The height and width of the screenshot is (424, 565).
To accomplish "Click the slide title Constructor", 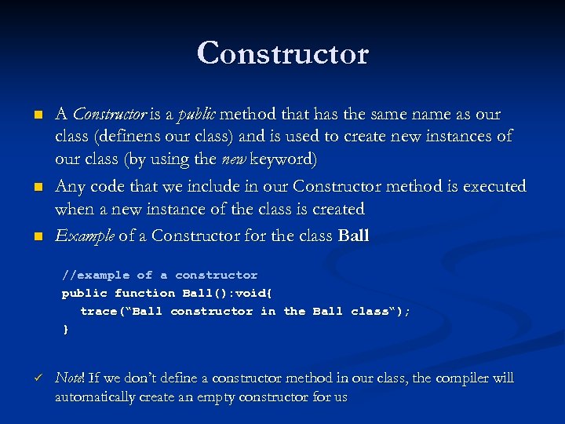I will click(x=282, y=53).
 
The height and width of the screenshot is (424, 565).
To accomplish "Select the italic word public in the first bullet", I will click(x=197, y=115).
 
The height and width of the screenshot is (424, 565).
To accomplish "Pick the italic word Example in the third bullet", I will click(x=85, y=236).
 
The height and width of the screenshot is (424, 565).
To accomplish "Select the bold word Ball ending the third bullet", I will click(x=352, y=236).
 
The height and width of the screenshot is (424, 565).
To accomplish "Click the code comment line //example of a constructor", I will click(x=160, y=275).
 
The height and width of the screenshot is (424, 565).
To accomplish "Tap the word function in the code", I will click(x=144, y=293).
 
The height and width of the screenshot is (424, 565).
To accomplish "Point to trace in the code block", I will click(x=98, y=311).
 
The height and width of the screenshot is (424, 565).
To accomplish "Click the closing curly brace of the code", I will click(x=66, y=329).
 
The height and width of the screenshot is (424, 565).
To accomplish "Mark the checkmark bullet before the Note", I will click(x=36, y=378).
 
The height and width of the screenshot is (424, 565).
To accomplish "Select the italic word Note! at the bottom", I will click(x=70, y=378).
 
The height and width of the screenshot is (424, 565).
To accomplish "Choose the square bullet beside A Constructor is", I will click(x=36, y=115).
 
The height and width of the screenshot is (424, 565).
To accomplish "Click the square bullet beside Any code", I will click(x=36, y=188).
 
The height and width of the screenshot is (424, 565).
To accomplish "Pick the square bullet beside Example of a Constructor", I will click(x=36, y=236).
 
